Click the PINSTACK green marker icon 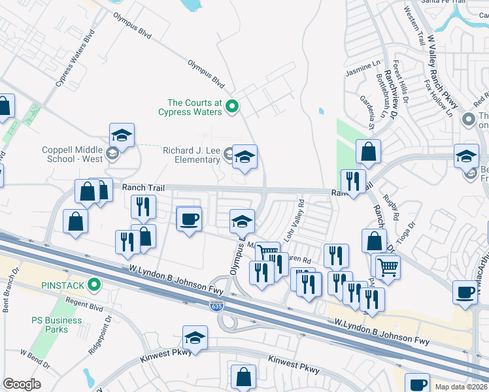(x=95, y=284)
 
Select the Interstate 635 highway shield (x=216, y=305)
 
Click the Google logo (x=22, y=384)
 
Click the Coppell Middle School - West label (x=73, y=154)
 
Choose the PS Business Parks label (x=58, y=325)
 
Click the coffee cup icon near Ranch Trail (x=190, y=219)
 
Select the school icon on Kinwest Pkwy (x=195, y=337)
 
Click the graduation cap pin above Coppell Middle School (x=122, y=136)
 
